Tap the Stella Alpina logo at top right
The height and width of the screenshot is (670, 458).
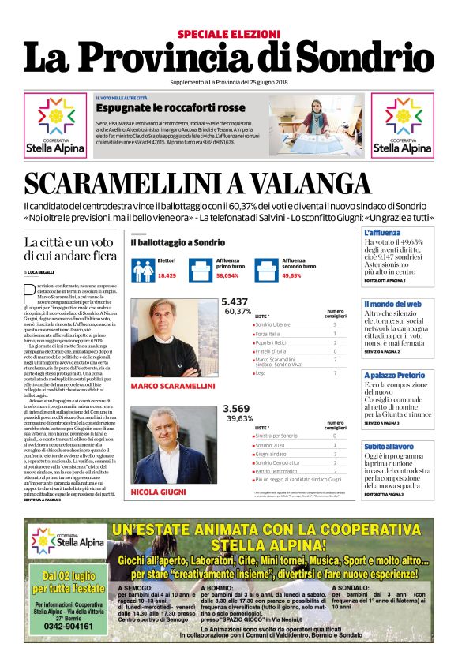402,125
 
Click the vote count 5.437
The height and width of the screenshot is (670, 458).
235,301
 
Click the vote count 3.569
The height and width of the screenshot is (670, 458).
236,408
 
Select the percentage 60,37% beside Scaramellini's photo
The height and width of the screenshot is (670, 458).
238,312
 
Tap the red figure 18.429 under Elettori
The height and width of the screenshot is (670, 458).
167,275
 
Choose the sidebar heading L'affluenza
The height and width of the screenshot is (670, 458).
382,234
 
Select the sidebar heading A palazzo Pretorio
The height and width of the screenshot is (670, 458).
394,375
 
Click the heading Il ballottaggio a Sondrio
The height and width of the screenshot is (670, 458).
178,243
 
